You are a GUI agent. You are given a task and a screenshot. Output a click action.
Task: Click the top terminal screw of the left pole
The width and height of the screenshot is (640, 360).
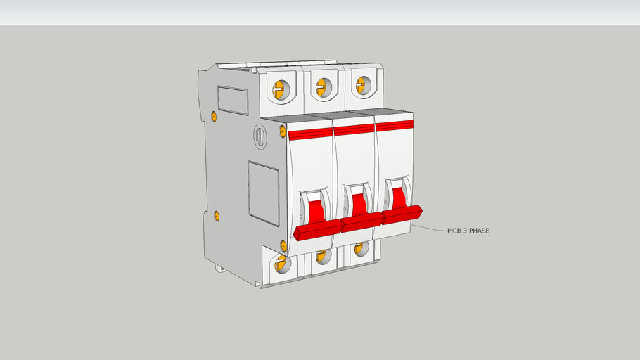tap(279, 89)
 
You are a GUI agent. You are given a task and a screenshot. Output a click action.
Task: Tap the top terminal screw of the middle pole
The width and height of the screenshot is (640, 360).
tap(322, 86)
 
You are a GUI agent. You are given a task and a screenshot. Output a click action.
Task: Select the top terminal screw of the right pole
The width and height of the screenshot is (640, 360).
tap(362, 84)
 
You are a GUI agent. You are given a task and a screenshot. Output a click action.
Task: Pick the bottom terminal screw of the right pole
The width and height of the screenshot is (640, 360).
tap(360, 247)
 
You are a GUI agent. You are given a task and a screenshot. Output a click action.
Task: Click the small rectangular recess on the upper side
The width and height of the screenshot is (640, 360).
tap(232, 100)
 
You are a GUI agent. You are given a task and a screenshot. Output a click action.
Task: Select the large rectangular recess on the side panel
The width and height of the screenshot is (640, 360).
tap(263, 185)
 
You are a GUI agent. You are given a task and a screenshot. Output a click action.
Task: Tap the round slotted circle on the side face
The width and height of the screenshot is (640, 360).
tap(260, 136)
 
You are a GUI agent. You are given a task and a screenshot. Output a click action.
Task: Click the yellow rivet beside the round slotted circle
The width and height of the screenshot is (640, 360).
tap(283, 131)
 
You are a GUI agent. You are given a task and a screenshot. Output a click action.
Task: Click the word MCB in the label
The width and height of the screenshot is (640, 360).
tap(454, 230)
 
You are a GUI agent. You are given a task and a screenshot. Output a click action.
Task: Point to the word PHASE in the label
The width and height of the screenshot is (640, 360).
tap(486, 230)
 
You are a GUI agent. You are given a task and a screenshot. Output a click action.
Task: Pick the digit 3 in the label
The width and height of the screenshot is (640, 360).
tap(468, 230)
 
